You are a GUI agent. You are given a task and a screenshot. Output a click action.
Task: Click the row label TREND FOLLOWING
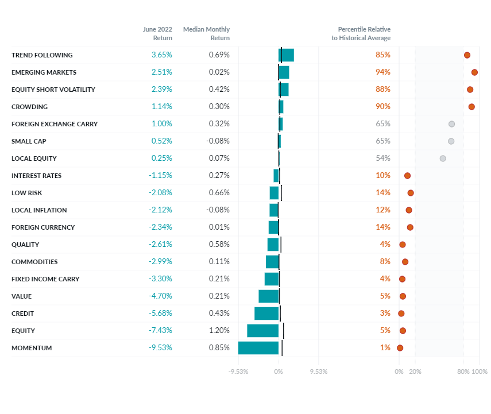pyautogui.click(x=42, y=55)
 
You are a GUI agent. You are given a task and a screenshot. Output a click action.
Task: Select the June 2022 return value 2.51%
pyautogui.click(x=161, y=72)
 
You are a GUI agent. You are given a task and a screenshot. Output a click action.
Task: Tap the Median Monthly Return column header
pyautogui.click(x=206, y=33)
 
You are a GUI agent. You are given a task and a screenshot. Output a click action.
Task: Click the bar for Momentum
pyautogui.click(x=258, y=348)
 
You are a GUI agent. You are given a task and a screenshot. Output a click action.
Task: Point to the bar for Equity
pyautogui.click(x=263, y=331)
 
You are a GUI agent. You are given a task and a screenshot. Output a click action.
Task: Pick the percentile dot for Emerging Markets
pyautogui.click(x=474, y=72)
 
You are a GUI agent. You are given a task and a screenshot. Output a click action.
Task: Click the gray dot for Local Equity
pyautogui.click(x=443, y=158)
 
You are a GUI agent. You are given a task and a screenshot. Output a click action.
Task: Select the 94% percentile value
pyautogui.click(x=383, y=72)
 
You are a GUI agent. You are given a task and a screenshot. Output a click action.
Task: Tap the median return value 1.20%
pyautogui.click(x=219, y=331)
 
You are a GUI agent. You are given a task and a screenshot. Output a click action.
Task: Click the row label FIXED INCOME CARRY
pyautogui.click(x=45, y=279)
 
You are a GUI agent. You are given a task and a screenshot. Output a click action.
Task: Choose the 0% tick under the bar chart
pyautogui.click(x=279, y=372)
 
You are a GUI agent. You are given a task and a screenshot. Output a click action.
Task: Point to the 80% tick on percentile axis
pyautogui.click(x=463, y=372)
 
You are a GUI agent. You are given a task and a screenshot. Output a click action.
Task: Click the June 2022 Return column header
pyautogui.click(x=158, y=33)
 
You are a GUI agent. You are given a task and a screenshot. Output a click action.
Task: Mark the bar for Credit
pyautogui.click(x=266, y=314)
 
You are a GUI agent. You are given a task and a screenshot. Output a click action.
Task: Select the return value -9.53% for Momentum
pyautogui.click(x=160, y=348)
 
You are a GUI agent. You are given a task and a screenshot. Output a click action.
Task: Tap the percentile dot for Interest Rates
pyautogui.click(x=407, y=176)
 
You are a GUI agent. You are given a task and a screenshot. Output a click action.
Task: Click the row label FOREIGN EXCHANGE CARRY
pyautogui.click(x=55, y=124)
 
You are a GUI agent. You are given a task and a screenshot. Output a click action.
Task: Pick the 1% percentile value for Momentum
pyautogui.click(x=385, y=348)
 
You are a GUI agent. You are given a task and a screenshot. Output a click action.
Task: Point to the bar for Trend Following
pyautogui.click(x=287, y=55)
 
